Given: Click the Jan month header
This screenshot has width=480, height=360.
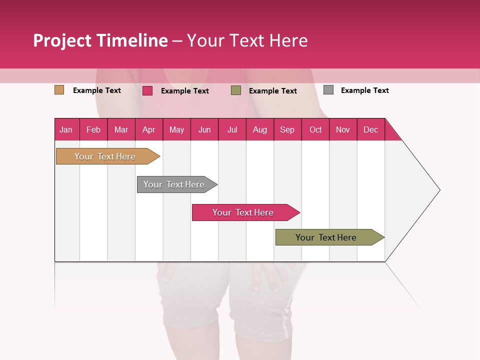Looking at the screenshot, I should (x=66, y=129).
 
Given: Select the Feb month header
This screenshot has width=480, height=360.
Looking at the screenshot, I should (x=93, y=129).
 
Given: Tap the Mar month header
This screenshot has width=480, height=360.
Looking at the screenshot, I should (x=121, y=129).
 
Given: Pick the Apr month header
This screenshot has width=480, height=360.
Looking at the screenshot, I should (x=149, y=129).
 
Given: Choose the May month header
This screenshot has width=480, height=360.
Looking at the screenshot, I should (x=176, y=129).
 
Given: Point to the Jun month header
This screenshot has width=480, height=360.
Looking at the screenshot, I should (x=204, y=129).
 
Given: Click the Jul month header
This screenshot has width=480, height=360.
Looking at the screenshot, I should (x=232, y=129).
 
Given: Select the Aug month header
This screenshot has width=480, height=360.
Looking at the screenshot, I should (x=260, y=129).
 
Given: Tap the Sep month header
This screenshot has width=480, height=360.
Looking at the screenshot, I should (x=287, y=129).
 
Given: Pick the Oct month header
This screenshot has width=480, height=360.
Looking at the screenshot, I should (x=315, y=129).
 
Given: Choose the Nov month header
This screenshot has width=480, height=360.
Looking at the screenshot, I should (x=343, y=129).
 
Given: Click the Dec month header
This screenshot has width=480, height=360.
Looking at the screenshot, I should (x=371, y=129).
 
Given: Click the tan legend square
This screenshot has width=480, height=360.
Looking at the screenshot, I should (x=59, y=90).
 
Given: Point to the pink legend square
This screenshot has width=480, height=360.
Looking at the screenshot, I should (x=147, y=90).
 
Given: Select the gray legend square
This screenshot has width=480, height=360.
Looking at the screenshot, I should (x=328, y=90).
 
